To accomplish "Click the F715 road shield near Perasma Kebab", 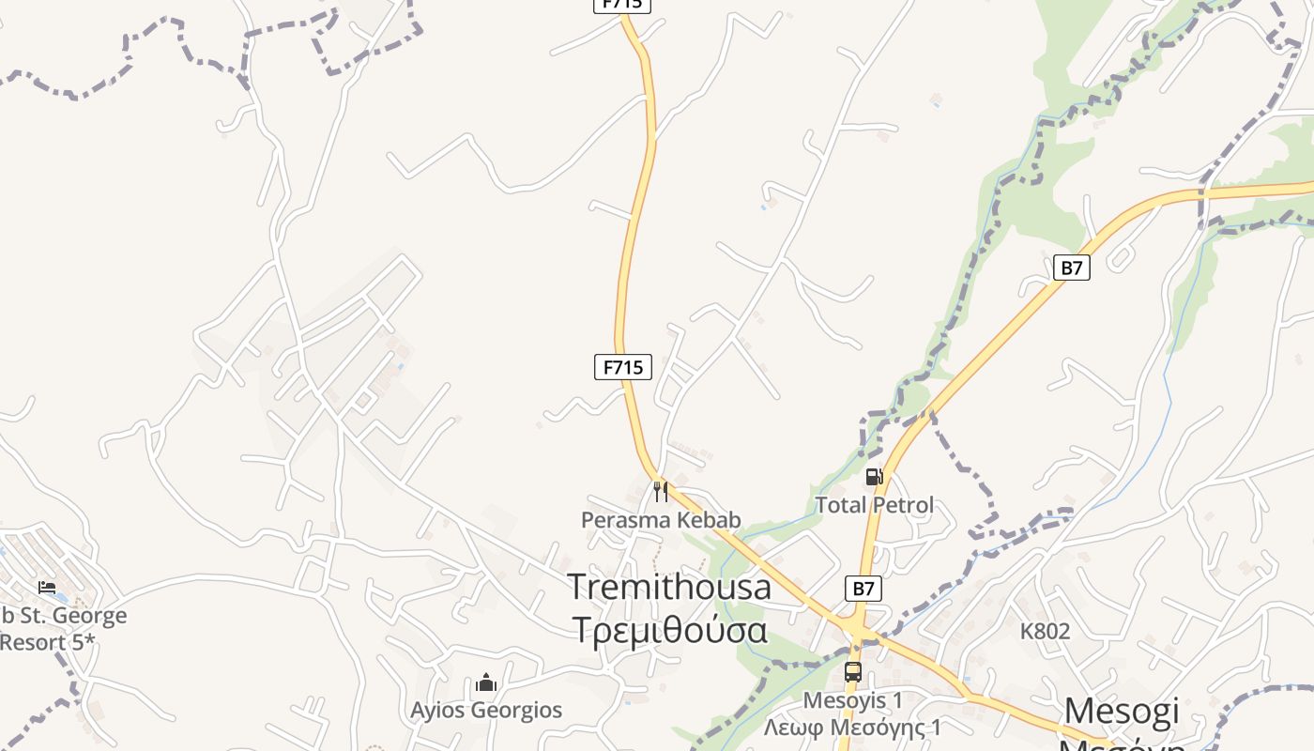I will pos(623,367).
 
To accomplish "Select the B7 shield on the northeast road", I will pos(1072,268).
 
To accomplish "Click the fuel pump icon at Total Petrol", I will pos(874,477).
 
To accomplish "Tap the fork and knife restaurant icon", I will pos(661,491).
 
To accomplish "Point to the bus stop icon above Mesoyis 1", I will pos(852,672).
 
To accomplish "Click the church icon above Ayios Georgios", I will pos(486,682).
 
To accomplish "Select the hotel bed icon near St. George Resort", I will pos(47,588).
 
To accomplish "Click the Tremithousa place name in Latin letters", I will pos(669,587).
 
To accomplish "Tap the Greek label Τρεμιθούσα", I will pos(669,629).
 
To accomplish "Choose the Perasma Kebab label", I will pos(661,519).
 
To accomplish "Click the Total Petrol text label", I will pos(874,505).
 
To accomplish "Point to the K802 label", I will pos(1045,631).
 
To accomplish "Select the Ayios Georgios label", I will pos(486,710).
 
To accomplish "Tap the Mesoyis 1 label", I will pos(852,699).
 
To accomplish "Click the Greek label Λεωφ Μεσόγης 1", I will pos(852,728).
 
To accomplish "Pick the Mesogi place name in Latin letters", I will pos(1122,711).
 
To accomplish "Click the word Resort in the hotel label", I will pos(38,643).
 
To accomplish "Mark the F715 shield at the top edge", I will pos(622,4).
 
